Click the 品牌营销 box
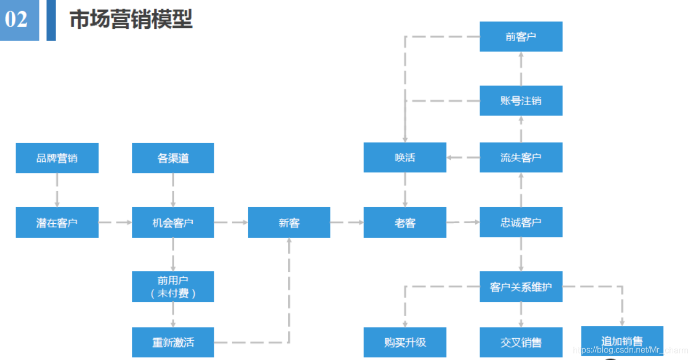(x=57, y=158)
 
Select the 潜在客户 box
(x=57, y=223)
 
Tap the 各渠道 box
(x=173, y=158)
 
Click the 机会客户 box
(x=173, y=223)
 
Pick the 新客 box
(x=289, y=223)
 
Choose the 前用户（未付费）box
(x=173, y=287)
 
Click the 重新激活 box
(x=173, y=342)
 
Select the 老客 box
(x=405, y=223)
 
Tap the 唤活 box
(x=405, y=158)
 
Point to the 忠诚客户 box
(x=521, y=223)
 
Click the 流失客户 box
(x=521, y=158)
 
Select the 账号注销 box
(x=521, y=100)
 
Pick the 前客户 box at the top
(x=521, y=36)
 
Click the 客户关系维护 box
(x=521, y=287)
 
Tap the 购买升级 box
(x=405, y=342)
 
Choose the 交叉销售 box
(x=521, y=342)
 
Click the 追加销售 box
(x=622, y=341)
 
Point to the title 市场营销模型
(x=131, y=20)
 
